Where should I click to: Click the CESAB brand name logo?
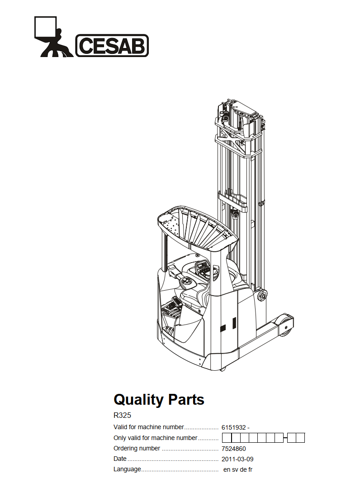[x=112, y=45]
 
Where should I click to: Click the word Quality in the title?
[x=138, y=400]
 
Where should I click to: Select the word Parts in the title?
[x=186, y=400]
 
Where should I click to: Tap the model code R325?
[x=122, y=415]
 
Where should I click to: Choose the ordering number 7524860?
[x=233, y=449]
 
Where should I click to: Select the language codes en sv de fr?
[x=238, y=469]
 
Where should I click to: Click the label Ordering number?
[x=137, y=449]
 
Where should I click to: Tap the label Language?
[x=127, y=469]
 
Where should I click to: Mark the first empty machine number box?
[x=227, y=438]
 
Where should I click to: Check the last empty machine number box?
[x=300, y=438]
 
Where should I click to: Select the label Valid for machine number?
[x=148, y=427]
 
